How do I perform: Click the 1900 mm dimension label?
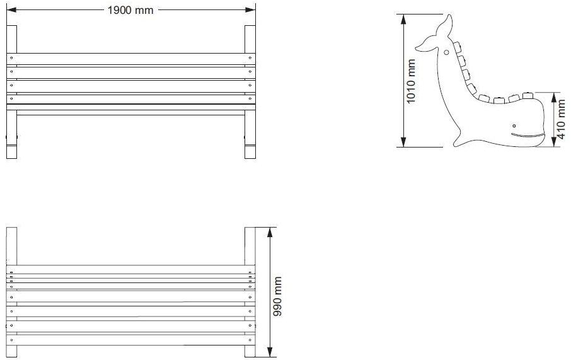tap(130, 10)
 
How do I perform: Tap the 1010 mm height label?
tap(410, 81)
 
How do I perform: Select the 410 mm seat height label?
tap(561, 119)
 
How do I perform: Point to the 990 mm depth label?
tap(277, 296)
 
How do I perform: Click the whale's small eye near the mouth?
tap(514, 126)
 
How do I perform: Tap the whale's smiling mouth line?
tap(528, 136)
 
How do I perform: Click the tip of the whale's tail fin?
tap(450, 15)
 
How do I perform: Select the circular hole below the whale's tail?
tap(446, 52)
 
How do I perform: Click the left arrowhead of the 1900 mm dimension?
tap(11, 10)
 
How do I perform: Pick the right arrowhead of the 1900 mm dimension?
tap(251, 10)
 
